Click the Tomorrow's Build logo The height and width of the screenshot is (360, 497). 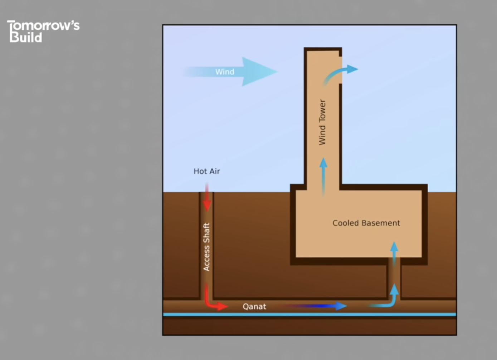click(x=43, y=31)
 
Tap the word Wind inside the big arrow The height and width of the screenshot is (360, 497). click(x=225, y=72)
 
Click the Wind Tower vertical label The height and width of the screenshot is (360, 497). click(x=322, y=122)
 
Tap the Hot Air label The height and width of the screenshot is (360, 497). click(x=206, y=171)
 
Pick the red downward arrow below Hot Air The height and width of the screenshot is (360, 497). click(x=207, y=198)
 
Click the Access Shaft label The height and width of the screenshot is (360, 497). click(x=206, y=247)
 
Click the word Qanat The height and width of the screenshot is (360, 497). click(x=254, y=306)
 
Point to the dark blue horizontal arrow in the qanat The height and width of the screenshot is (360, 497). click(x=315, y=306)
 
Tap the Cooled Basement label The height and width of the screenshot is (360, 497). click(x=366, y=223)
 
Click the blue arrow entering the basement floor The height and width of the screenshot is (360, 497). click(x=394, y=252)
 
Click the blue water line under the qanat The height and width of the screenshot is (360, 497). click(x=309, y=315)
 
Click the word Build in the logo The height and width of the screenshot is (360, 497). click(x=25, y=37)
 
